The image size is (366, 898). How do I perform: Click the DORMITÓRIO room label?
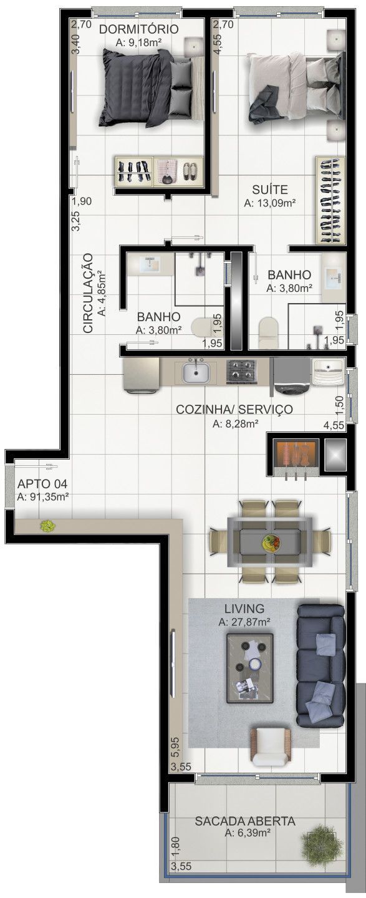(x=138, y=29)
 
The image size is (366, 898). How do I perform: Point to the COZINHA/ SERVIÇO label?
(x=234, y=410)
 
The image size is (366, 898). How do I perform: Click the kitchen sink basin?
(x=198, y=374)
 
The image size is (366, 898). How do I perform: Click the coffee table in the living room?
(x=251, y=668)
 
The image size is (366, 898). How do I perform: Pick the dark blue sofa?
(x=320, y=665)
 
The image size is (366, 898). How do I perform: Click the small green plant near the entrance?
(x=47, y=526)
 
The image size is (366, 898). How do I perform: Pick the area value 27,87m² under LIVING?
(x=244, y=622)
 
